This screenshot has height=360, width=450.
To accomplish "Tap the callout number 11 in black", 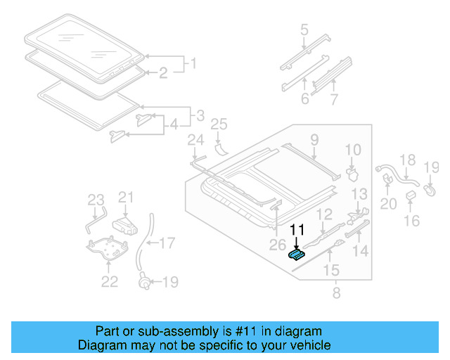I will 298,230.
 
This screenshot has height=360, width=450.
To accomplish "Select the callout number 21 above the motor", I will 126,197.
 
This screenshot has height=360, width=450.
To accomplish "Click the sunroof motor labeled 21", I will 126,224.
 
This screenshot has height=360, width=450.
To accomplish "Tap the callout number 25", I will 219,124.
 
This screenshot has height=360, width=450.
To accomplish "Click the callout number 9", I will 314,139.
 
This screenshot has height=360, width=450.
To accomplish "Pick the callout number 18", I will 408,160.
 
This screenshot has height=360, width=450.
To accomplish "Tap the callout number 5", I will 304,30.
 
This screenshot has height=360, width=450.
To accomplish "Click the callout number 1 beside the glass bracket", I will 190,65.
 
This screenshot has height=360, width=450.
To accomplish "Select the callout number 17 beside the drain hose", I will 167,244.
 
